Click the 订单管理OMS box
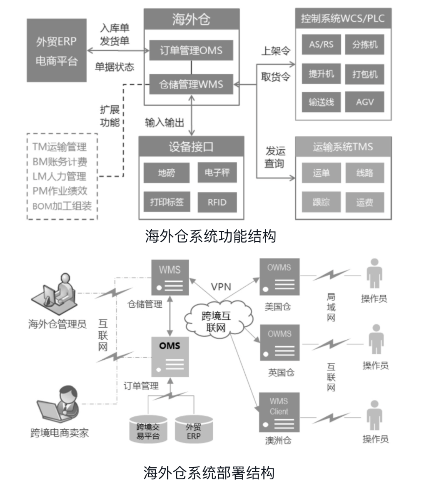(191, 51)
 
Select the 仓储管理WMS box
(191, 85)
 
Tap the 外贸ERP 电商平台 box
(57, 50)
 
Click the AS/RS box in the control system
(321, 45)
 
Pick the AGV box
(364, 102)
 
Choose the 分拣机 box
(364, 45)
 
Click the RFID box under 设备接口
(217, 203)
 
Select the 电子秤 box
(217, 173)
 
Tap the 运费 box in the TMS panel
(364, 203)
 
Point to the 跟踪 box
(321, 203)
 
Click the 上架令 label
(276, 51)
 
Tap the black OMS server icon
(170, 356)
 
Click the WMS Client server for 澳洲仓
(279, 413)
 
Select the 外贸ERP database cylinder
(193, 428)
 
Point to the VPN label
(221, 287)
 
